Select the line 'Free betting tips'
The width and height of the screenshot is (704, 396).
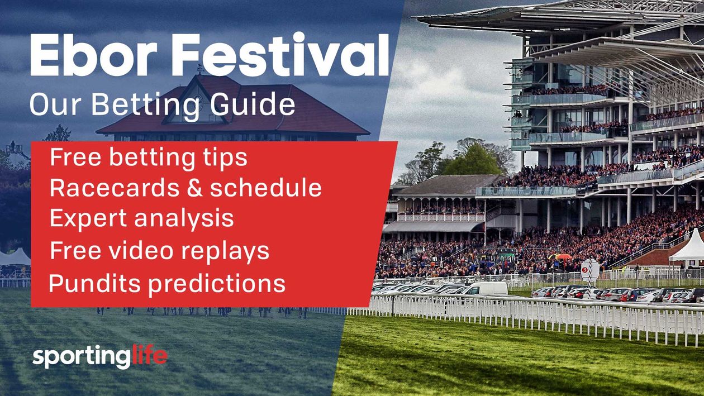click(x=148, y=158)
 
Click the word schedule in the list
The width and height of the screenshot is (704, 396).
click(x=266, y=188)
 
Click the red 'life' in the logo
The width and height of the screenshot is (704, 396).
click(x=149, y=357)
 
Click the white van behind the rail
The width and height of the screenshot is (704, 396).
click(x=487, y=288)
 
